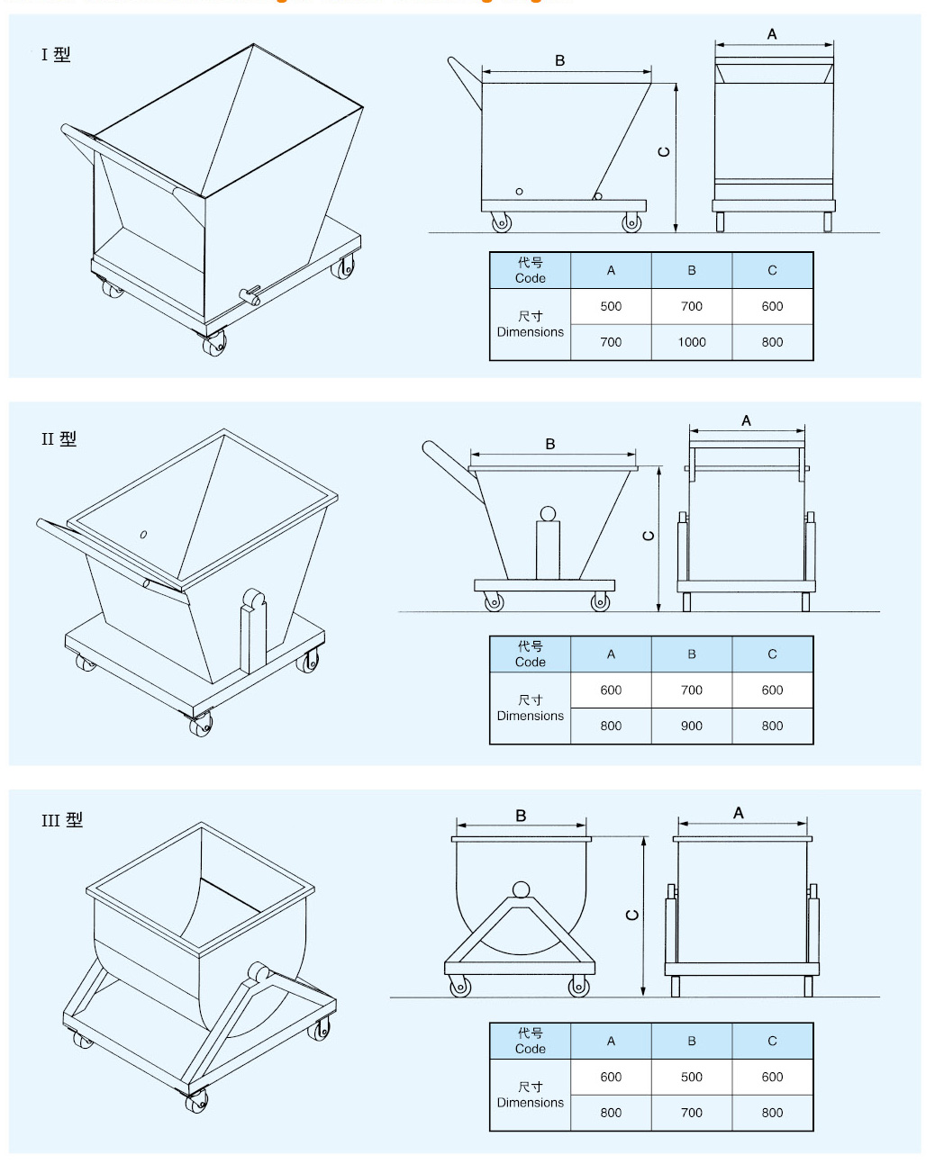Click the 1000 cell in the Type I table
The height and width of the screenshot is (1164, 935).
click(x=691, y=342)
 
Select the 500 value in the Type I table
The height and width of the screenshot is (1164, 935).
click(x=611, y=306)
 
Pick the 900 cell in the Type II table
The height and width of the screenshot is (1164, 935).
click(x=691, y=726)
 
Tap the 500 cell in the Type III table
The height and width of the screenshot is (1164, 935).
click(x=691, y=1077)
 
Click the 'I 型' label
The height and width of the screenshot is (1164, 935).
click(x=55, y=55)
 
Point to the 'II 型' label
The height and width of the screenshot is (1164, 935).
click(x=59, y=439)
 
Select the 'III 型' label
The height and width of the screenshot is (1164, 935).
click(x=61, y=820)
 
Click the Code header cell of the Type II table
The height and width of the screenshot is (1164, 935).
click(x=530, y=654)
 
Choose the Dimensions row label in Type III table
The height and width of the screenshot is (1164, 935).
click(x=530, y=1095)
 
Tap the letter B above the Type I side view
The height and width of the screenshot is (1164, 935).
click(x=560, y=60)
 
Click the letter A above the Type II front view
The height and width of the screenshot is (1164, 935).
click(x=746, y=420)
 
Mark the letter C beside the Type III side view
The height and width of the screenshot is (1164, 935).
click(x=632, y=915)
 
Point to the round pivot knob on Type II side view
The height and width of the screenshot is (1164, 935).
click(x=548, y=514)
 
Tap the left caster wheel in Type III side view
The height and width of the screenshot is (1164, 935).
click(x=459, y=986)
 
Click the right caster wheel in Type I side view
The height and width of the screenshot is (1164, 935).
click(x=631, y=221)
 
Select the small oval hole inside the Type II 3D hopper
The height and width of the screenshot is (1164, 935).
click(x=143, y=535)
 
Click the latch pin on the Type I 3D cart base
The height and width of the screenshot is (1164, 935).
click(x=250, y=294)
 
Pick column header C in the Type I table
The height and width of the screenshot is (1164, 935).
click(x=772, y=270)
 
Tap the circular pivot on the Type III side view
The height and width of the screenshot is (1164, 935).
click(x=521, y=889)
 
